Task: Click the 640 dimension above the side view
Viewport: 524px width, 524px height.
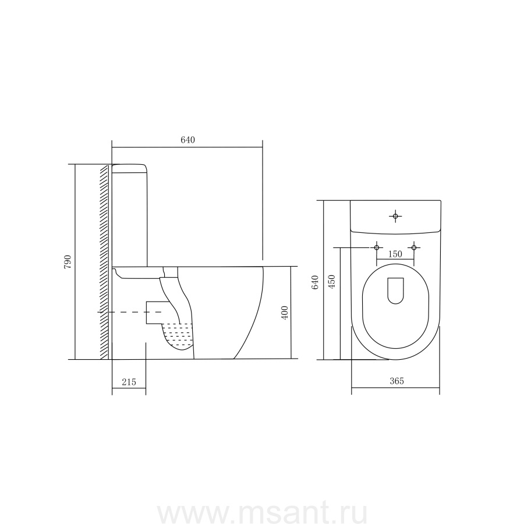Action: (187, 140)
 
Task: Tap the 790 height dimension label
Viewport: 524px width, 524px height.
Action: (68, 262)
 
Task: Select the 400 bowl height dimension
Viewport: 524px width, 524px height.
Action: (284, 313)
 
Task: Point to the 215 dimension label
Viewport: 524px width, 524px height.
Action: (129, 382)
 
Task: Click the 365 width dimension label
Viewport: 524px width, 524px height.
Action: (396, 381)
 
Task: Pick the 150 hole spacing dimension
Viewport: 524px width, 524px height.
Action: (395, 254)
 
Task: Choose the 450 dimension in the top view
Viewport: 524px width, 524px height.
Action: (332, 282)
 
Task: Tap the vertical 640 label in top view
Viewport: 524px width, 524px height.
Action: (315, 282)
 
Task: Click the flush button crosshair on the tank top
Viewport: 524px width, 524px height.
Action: (395, 217)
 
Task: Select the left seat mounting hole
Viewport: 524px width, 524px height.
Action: (377, 247)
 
